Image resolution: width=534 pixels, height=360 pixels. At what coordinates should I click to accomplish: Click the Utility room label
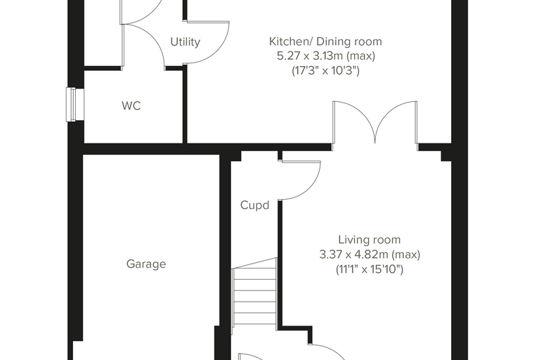click(x=185, y=42)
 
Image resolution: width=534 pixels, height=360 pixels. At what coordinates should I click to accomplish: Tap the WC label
click(x=131, y=105)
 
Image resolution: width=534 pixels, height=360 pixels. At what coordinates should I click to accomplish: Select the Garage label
click(x=146, y=264)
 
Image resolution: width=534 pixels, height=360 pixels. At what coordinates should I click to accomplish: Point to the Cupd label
click(x=255, y=205)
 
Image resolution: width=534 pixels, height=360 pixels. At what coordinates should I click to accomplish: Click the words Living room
click(x=370, y=240)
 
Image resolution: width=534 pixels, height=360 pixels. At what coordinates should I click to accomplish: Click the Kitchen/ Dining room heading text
click(x=325, y=41)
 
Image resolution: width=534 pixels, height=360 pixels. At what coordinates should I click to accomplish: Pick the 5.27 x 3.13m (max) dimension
click(x=326, y=56)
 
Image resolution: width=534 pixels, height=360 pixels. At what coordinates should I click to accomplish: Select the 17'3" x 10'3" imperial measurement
click(x=325, y=70)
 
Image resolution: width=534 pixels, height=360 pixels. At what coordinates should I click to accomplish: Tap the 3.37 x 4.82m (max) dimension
click(x=370, y=255)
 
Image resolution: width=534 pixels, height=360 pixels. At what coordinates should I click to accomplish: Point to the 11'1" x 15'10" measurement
click(x=370, y=270)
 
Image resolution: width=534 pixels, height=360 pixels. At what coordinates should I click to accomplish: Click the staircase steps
click(x=254, y=292)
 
